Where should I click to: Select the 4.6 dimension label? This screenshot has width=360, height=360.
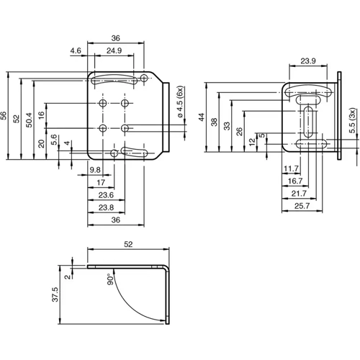pos(76,51)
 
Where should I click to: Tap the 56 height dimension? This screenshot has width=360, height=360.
pos(4,115)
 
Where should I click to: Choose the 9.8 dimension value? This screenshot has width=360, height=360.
pos(95,170)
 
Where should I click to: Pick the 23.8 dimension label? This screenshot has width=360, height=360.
pos(106,207)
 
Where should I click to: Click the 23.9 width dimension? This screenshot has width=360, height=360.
pos(307,60)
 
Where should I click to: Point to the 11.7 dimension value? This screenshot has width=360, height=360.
pos(291,168)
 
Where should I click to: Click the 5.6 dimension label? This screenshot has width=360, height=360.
pos(54,138)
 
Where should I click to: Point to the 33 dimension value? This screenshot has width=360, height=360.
pos(228,126)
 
